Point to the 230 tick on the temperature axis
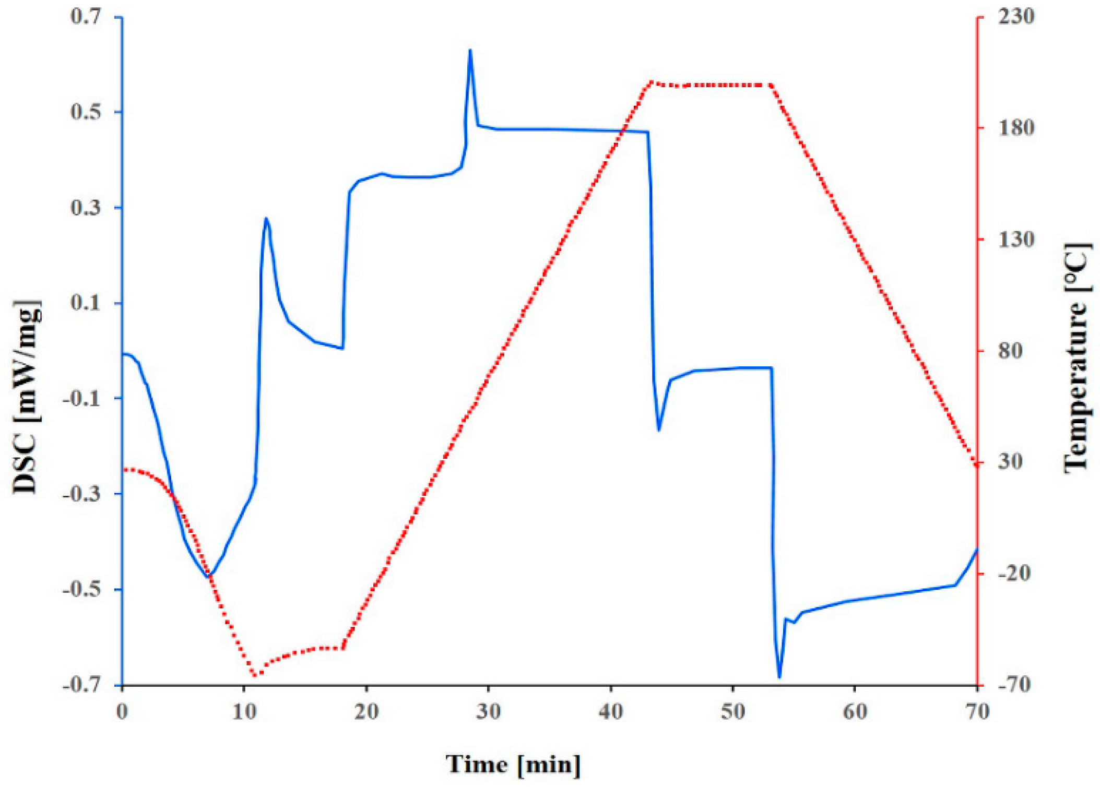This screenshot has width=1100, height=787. click(1015, 16)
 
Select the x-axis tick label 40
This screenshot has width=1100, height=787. click(610, 711)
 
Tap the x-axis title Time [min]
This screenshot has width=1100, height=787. click(513, 764)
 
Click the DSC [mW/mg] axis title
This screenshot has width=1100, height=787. click(26, 397)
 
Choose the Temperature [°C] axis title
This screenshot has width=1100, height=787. click(1077, 358)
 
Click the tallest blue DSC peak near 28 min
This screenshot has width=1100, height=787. click(470, 50)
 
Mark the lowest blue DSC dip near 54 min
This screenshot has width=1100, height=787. click(779, 677)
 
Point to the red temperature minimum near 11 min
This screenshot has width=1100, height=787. click(255, 675)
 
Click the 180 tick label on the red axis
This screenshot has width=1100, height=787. click(1015, 128)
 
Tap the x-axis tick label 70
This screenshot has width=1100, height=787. click(976, 711)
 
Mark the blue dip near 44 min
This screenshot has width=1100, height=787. click(659, 430)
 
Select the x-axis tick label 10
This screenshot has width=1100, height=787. click(244, 711)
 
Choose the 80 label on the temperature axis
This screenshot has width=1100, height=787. click(1011, 351)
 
